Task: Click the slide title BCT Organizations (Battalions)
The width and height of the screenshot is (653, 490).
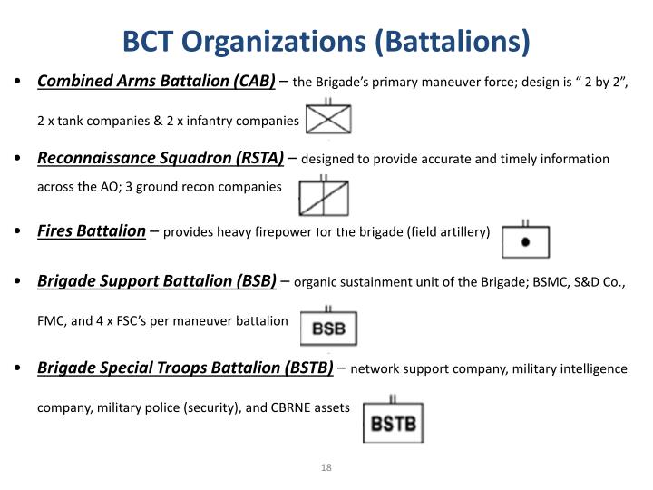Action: (x=326, y=41)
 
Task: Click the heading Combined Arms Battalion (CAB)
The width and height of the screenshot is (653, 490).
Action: (x=156, y=82)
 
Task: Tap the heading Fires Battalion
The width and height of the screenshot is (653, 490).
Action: (x=91, y=230)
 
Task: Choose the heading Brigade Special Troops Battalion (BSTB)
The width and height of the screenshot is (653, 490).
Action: (x=185, y=367)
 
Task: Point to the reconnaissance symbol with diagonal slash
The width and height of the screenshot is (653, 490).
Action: (x=324, y=194)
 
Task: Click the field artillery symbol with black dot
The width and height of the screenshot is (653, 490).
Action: (x=525, y=241)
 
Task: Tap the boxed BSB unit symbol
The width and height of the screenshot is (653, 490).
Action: (x=328, y=328)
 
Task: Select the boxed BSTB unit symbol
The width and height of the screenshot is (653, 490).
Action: (x=393, y=422)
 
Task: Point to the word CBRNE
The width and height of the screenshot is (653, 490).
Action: (x=295, y=408)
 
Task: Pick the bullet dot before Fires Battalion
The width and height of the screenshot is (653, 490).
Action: (x=20, y=231)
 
